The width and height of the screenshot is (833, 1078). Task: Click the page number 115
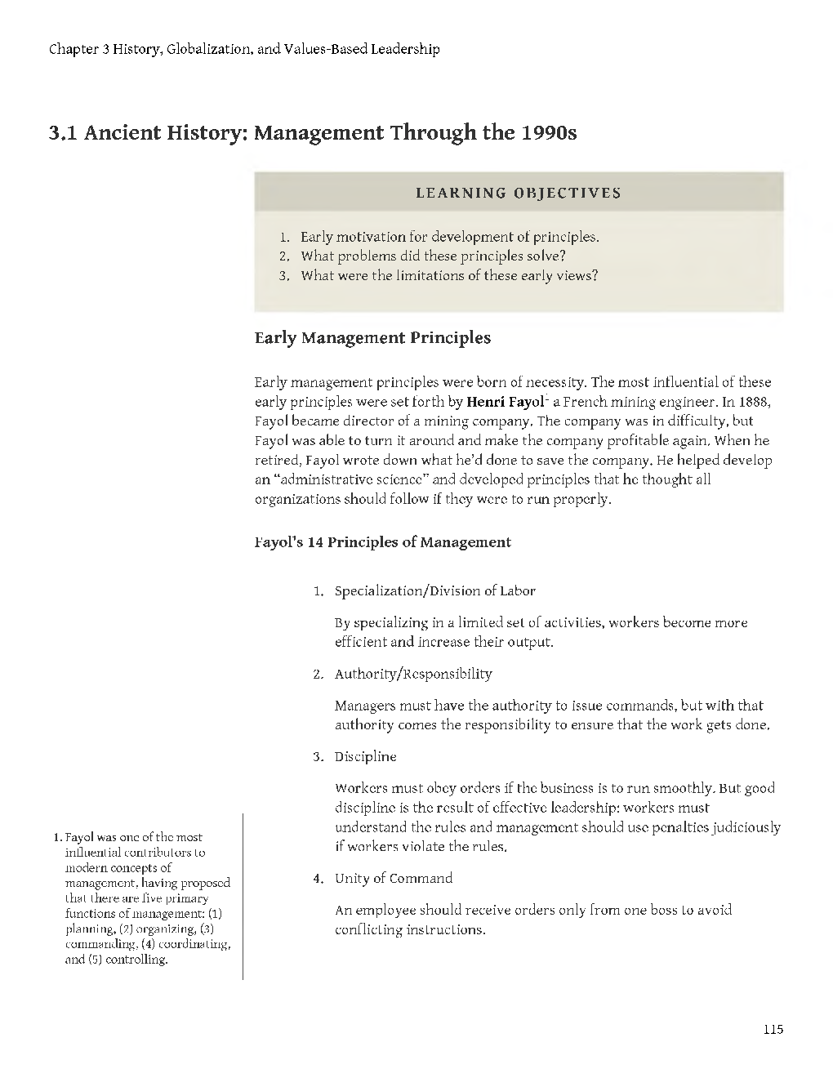[x=773, y=1029]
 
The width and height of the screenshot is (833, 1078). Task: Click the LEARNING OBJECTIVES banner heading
[x=519, y=194]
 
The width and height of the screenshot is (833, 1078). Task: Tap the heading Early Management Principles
[x=372, y=338]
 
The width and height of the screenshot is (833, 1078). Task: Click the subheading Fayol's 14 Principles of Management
[x=383, y=542]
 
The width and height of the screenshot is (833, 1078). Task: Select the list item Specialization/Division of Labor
[x=434, y=590]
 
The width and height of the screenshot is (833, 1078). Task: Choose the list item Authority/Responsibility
[x=413, y=674]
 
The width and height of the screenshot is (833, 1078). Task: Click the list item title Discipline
[x=365, y=756]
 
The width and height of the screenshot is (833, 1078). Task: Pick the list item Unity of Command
[x=393, y=879]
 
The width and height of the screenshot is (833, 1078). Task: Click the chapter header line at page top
[x=244, y=49]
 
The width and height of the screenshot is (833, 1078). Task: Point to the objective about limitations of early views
[x=449, y=276]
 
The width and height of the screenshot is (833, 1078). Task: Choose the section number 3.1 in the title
[x=63, y=132]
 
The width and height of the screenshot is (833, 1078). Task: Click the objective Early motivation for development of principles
[x=449, y=238]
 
